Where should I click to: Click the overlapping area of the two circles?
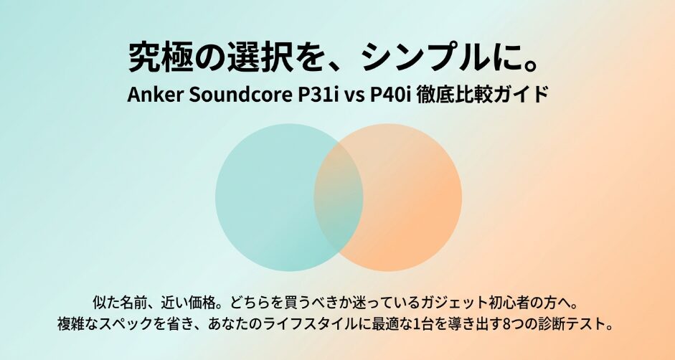tap(339, 197)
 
